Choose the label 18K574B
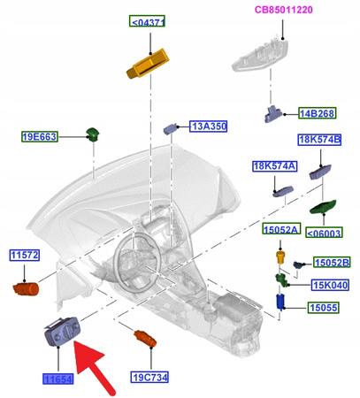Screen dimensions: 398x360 point(319,140)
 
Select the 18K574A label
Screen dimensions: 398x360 point(274,165)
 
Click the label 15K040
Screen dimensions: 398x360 point(329,285)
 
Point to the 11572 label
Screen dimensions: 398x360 point(26,255)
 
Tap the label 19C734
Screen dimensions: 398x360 point(149,377)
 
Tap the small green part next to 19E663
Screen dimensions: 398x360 point(90,134)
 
